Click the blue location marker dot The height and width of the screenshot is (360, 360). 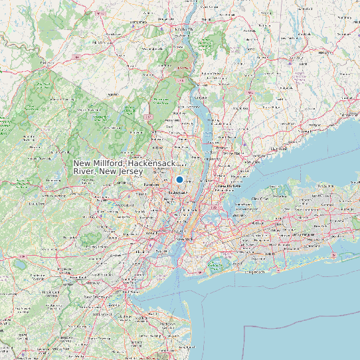(179, 179)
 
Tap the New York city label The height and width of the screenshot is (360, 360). (183, 238)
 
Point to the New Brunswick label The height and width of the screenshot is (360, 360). (95, 297)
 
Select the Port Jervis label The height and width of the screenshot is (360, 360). (46, 64)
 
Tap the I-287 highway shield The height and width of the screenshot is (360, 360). (148, 117)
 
